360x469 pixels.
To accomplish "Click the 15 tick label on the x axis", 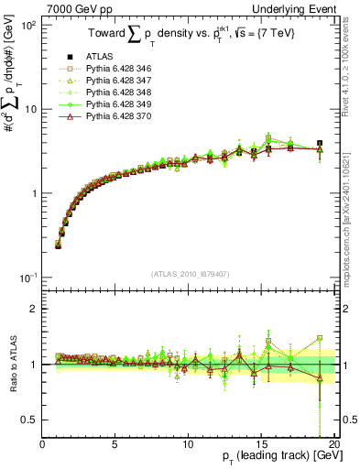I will point(260,445).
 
